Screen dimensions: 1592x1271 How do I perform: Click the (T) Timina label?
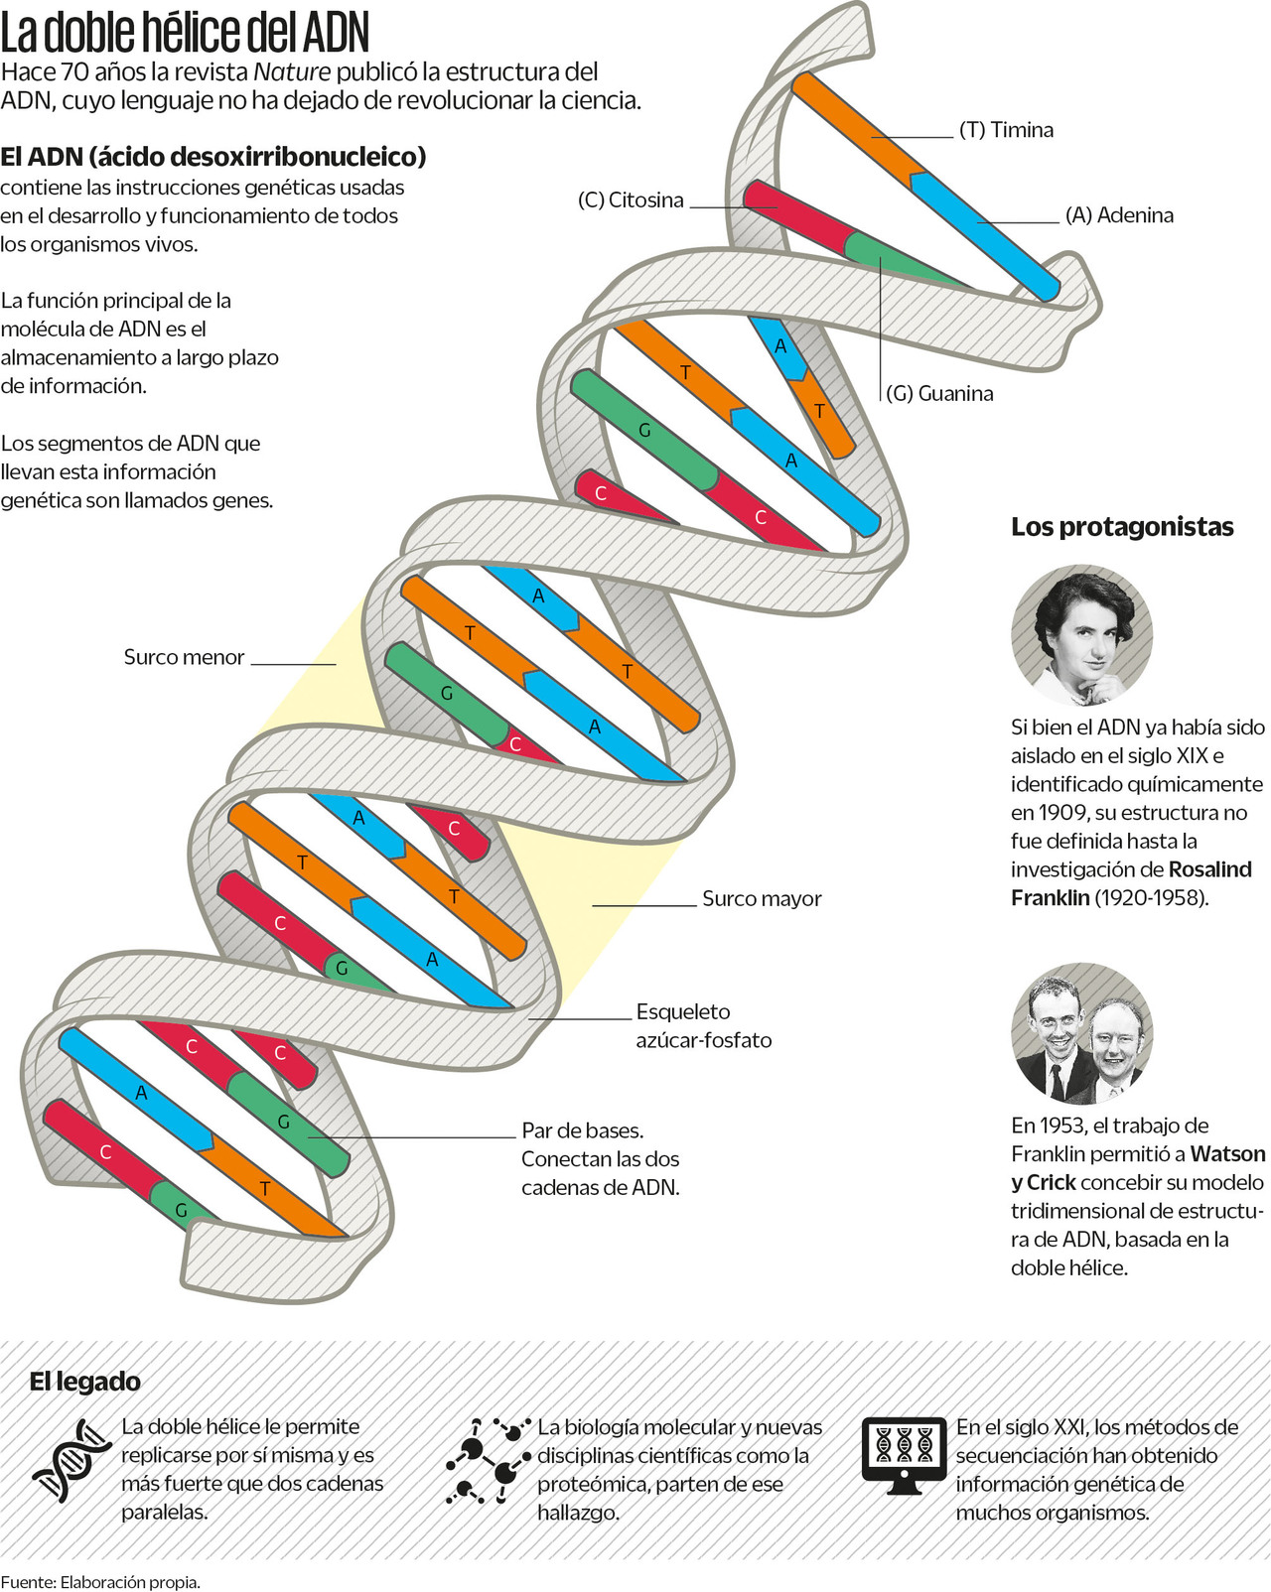click(x=1006, y=130)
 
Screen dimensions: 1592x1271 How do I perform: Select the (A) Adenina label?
click(x=1119, y=215)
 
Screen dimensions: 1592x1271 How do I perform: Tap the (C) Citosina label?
click(x=631, y=200)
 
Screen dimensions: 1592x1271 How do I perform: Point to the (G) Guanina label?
click(x=939, y=394)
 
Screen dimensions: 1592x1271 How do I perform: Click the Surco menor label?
click(x=184, y=657)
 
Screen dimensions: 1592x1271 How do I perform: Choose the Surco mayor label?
click(x=762, y=899)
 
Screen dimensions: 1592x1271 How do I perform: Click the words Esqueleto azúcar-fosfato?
click(x=703, y=1026)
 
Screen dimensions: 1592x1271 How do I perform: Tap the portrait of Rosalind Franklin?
click(x=1081, y=635)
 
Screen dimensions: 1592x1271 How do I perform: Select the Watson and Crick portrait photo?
click(x=1081, y=1033)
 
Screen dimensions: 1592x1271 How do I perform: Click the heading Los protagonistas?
click(x=1122, y=527)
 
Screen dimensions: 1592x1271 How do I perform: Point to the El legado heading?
click(x=84, y=1382)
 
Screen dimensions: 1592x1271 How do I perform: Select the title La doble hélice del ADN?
click(x=185, y=33)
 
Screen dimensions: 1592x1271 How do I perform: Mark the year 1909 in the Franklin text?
click(x=1036, y=813)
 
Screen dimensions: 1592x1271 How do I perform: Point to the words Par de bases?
click(x=582, y=1130)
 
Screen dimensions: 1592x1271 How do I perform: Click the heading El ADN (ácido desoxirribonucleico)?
click(x=213, y=157)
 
